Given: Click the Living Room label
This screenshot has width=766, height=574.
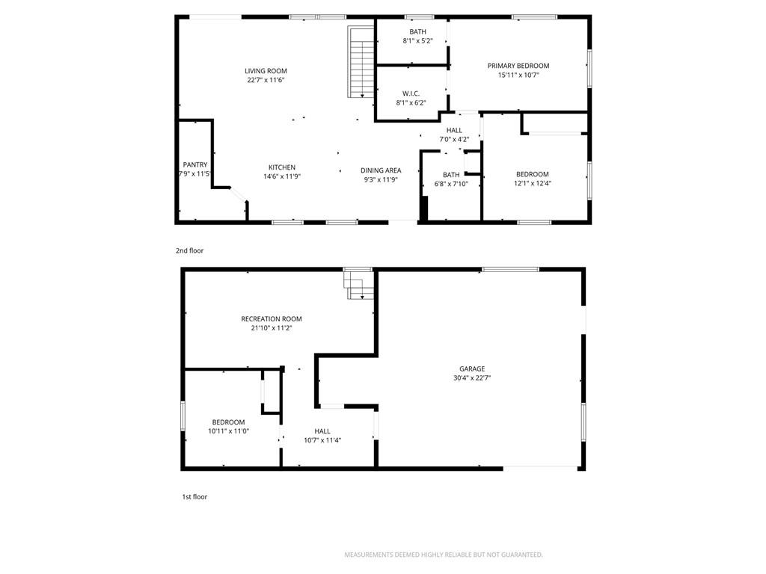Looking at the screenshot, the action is click(x=266, y=71).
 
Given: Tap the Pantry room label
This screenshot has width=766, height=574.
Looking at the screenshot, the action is click(x=195, y=165).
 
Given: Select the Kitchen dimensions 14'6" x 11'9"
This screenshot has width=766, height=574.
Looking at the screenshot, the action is click(x=282, y=176).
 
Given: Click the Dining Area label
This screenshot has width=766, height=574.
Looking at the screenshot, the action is click(x=381, y=170).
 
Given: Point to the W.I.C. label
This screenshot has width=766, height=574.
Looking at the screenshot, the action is click(x=411, y=93).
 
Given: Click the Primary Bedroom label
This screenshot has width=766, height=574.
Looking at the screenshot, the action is click(x=518, y=66).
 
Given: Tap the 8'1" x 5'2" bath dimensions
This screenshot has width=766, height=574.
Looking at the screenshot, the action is click(x=417, y=41).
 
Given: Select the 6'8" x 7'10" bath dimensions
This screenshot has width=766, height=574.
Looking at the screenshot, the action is click(x=451, y=184).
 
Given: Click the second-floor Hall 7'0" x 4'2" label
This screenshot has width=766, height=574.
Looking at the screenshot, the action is click(x=454, y=135).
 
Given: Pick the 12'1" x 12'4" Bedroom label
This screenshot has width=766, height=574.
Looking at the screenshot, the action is click(x=533, y=179).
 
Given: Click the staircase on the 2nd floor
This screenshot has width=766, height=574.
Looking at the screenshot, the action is click(x=361, y=61).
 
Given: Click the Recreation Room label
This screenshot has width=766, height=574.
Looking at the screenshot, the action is click(x=272, y=318).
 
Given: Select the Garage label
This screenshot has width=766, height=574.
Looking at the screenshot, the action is click(x=472, y=369).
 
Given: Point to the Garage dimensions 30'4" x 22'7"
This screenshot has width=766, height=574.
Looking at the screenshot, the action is click(x=472, y=377).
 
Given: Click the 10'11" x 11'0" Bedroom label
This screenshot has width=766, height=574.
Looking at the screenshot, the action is click(x=229, y=427).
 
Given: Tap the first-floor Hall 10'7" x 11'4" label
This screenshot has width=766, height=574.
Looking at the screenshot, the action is click(x=322, y=436).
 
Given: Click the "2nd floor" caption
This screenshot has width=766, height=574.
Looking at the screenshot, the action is click(x=189, y=251).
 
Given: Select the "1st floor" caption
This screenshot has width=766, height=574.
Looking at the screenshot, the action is click(x=195, y=497).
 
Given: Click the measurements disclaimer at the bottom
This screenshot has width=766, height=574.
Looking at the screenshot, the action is click(x=444, y=555).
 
